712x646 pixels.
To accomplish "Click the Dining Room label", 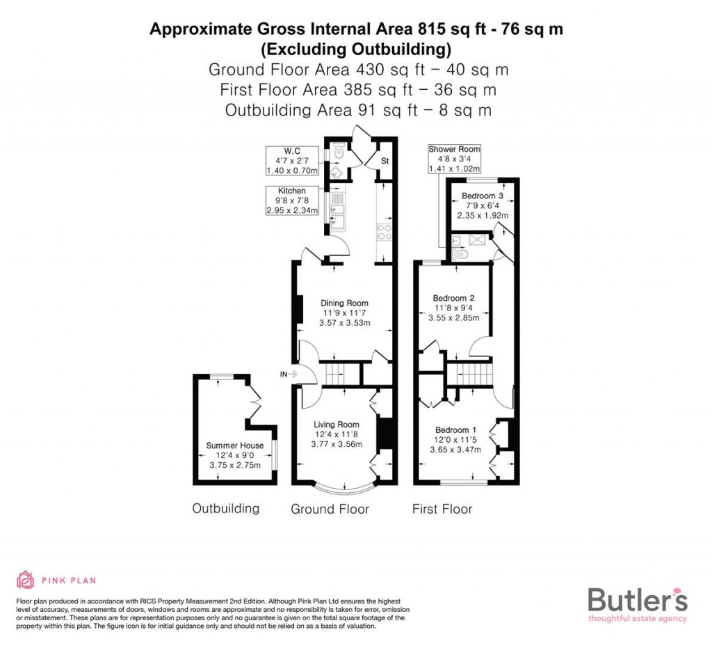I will [344, 303].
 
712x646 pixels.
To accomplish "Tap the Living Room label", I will [336, 425].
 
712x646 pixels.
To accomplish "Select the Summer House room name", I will [234, 446].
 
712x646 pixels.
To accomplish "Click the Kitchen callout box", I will [292, 200].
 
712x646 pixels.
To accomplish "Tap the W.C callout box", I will [292, 161].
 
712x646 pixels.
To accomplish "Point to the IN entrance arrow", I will [288, 375].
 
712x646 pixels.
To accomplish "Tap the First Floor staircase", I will [469, 374].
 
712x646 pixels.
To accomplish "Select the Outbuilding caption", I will [226, 509].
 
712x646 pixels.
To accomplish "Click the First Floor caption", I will [442, 510].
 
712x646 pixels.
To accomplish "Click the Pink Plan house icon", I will [26, 580].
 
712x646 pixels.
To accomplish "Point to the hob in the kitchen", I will [384, 232].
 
